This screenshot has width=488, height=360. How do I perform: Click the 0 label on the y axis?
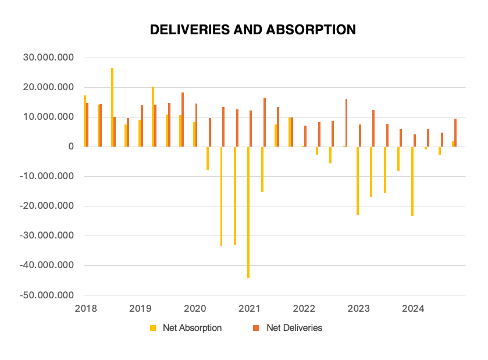[x=71, y=147]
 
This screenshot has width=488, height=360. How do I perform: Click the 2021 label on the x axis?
[x=249, y=308]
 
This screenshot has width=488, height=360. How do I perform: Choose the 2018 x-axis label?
[x=85, y=308]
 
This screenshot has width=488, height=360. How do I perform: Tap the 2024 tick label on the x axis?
[x=413, y=308]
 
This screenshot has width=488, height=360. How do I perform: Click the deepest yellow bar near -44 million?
[x=248, y=212]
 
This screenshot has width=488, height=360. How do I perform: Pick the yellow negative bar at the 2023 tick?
[x=358, y=181]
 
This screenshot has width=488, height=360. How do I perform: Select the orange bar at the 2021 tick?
[x=251, y=129]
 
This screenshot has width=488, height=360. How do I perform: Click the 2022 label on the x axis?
[x=304, y=308]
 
